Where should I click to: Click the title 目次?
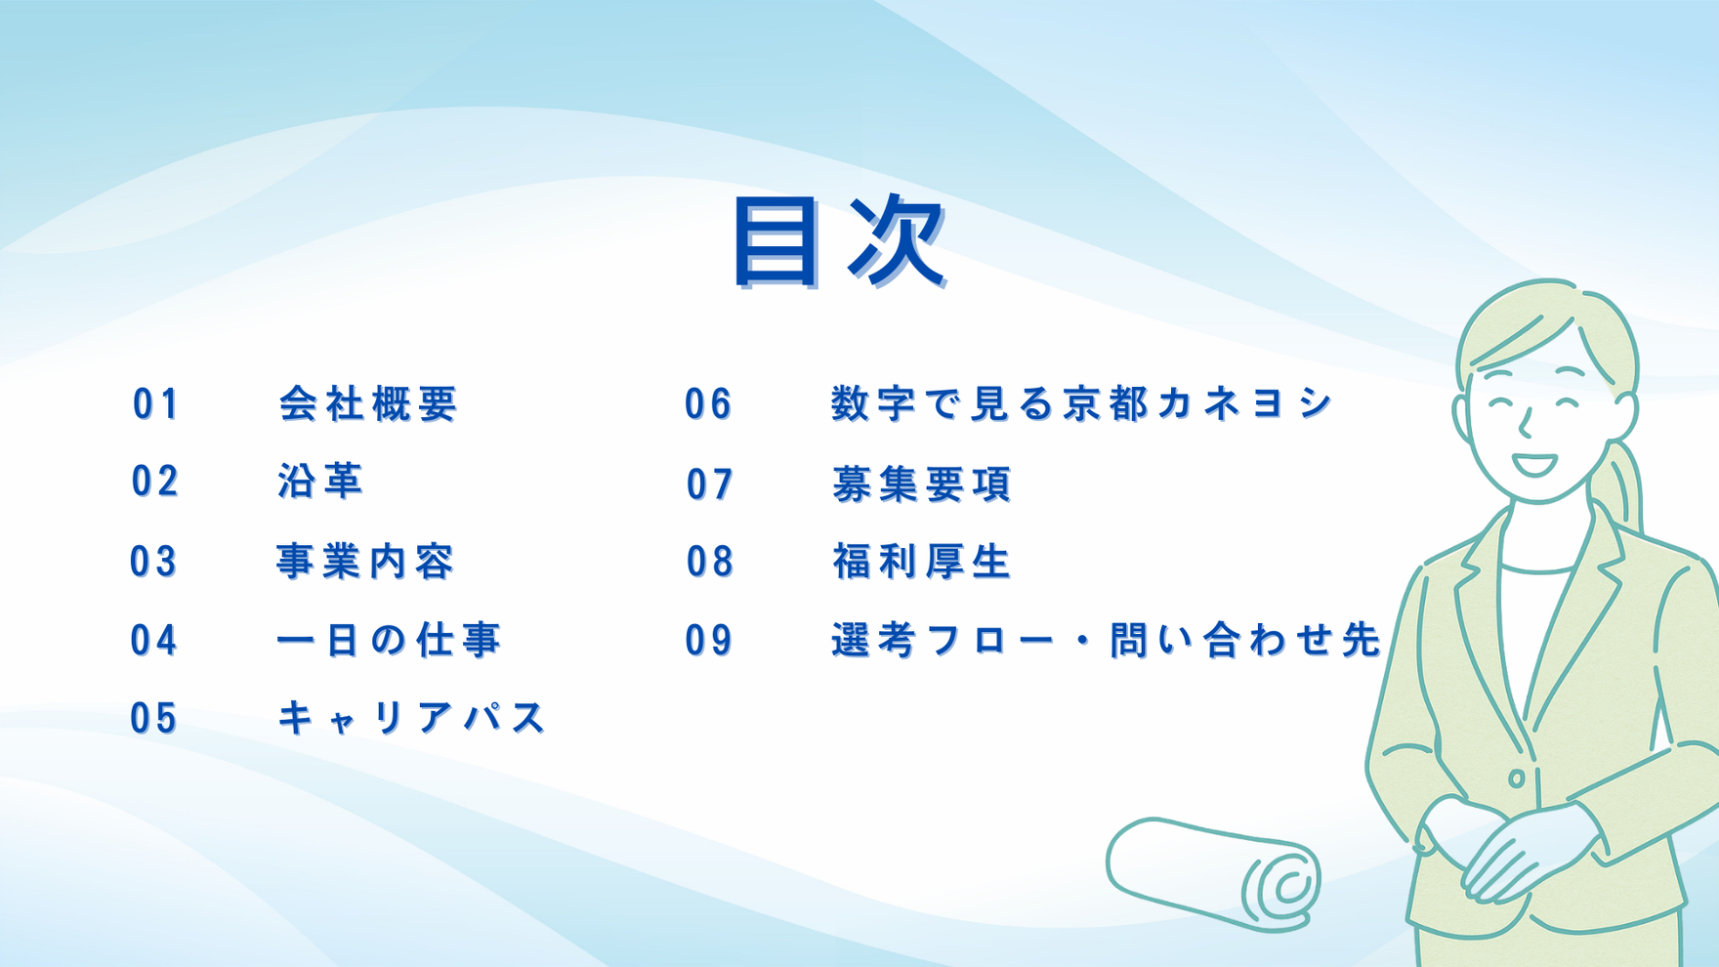pos(840,241)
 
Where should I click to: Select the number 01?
pos(156,403)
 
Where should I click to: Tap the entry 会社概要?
pos(368,403)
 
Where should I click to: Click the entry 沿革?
pos(320,482)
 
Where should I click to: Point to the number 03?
pos(154,562)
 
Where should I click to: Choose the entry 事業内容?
pos(366,562)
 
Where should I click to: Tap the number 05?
pos(154,719)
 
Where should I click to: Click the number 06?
pos(708,403)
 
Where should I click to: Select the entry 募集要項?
pos(922,484)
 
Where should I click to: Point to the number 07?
pos(710,484)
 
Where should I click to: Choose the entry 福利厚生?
pos(922,562)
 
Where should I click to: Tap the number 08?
pos(710,562)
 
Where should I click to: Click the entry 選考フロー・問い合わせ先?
pos(1107,641)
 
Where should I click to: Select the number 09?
pos(709,641)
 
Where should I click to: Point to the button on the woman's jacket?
pos(1516,778)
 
